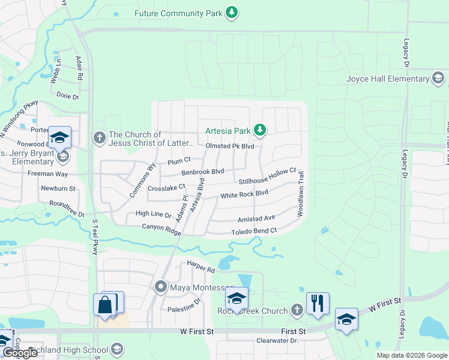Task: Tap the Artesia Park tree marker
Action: point(259,130)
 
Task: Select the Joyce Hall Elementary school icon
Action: point(438,79)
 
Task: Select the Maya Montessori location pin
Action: point(160,286)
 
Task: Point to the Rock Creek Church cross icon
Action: point(296,310)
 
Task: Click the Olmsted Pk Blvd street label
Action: point(230,146)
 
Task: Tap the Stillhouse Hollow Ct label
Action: point(268,176)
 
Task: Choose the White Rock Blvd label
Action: point(244,194)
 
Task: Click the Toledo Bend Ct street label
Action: point(254,231)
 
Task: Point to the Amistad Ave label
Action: point(256,218)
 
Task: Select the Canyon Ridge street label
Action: point(161,227)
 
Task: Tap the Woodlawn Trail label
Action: point(302,194)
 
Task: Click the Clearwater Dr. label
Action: point(277,341)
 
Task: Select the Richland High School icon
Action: point(117,350)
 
